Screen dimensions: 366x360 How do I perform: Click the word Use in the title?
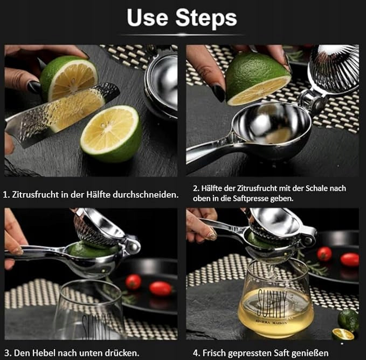(147, 17)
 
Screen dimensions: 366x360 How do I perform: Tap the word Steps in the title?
(206, 17)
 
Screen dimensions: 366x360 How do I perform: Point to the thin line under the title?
(182, 35)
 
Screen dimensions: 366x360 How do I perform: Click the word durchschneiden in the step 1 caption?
(146, 195)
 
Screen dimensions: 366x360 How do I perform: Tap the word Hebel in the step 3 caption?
(44, 352)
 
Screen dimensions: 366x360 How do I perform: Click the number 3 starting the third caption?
(7, 353)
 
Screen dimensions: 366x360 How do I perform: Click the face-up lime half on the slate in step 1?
(112, 133)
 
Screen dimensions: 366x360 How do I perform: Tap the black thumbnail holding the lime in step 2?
(218, 93)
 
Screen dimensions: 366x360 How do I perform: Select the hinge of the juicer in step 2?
(312, 100)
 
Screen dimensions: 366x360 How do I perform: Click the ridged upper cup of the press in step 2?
(334, 69)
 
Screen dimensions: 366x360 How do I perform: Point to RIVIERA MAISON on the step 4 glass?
(271, 322)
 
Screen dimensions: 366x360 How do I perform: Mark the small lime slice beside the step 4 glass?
(343, 334)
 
